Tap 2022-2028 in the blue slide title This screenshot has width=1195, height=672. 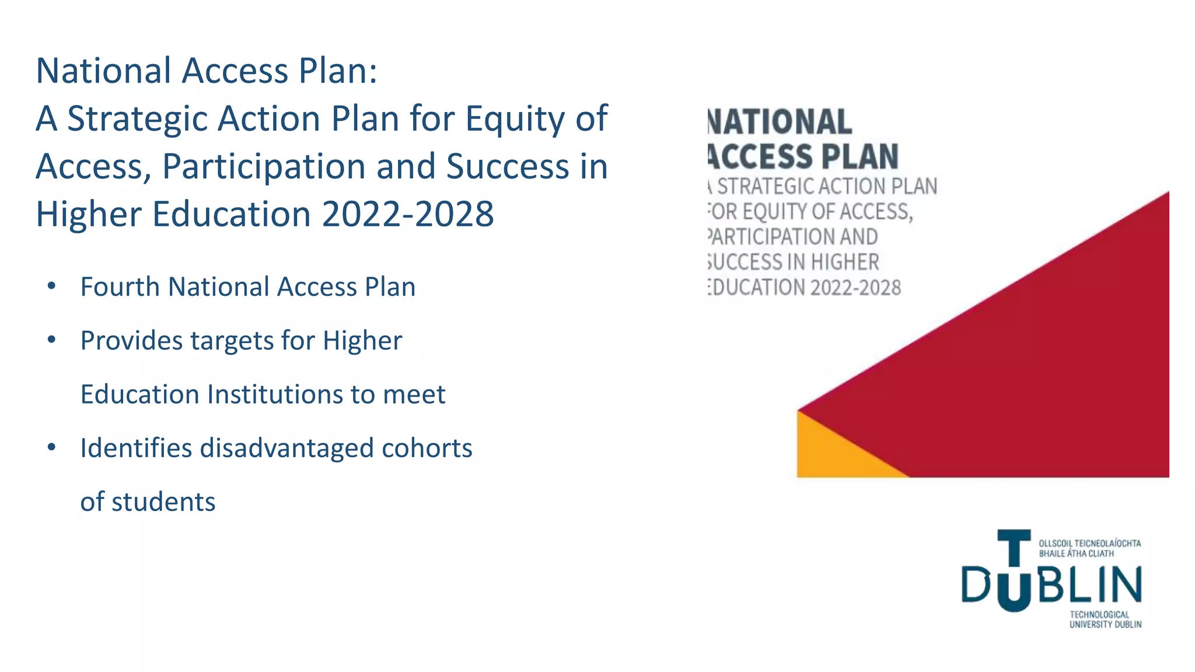tap(408, 214)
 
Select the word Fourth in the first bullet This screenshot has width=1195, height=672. tap(120, 287)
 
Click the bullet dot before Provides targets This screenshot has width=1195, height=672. tap(51, 339)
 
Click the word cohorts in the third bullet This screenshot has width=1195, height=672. tap(427, 448)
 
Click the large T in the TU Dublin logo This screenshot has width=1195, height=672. tap(1014, 548)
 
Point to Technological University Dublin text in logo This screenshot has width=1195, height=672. tap(1105, 619)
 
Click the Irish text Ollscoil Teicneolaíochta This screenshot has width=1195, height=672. tap(1089, 543)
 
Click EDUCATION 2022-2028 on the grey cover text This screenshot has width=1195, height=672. tap(805, 288)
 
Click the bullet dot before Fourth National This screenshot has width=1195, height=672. tap(51, 286)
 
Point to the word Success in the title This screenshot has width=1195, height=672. tap(507, 167)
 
